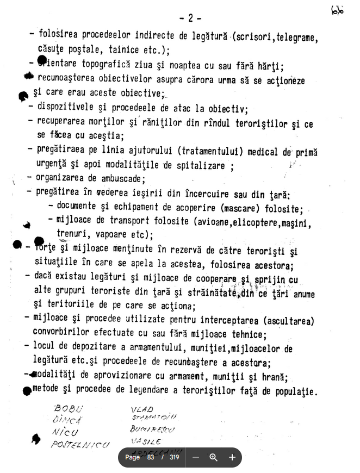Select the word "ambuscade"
point(122,178)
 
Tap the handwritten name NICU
point(65,433)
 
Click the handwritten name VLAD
point(142,409)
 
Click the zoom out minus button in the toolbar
point(196,457)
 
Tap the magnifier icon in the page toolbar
point(214,457)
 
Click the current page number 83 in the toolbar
point(150,457)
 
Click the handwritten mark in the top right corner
point(337,11)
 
